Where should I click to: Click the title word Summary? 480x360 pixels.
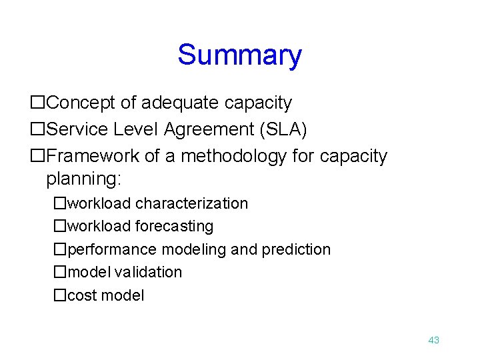pos(239,55)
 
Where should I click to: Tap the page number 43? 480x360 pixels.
pos(433,340)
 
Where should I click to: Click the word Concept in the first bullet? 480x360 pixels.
pos(83,103)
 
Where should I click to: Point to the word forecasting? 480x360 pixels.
pos(174,227)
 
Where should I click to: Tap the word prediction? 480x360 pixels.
pos(296,249)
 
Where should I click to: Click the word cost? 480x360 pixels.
pos(82,295)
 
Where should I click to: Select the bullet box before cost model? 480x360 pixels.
pos(60,295)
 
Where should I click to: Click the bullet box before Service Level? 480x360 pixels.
pos(38,129)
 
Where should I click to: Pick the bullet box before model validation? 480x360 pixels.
pos(60,272)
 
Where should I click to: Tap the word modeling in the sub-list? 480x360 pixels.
pos(194,249)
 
